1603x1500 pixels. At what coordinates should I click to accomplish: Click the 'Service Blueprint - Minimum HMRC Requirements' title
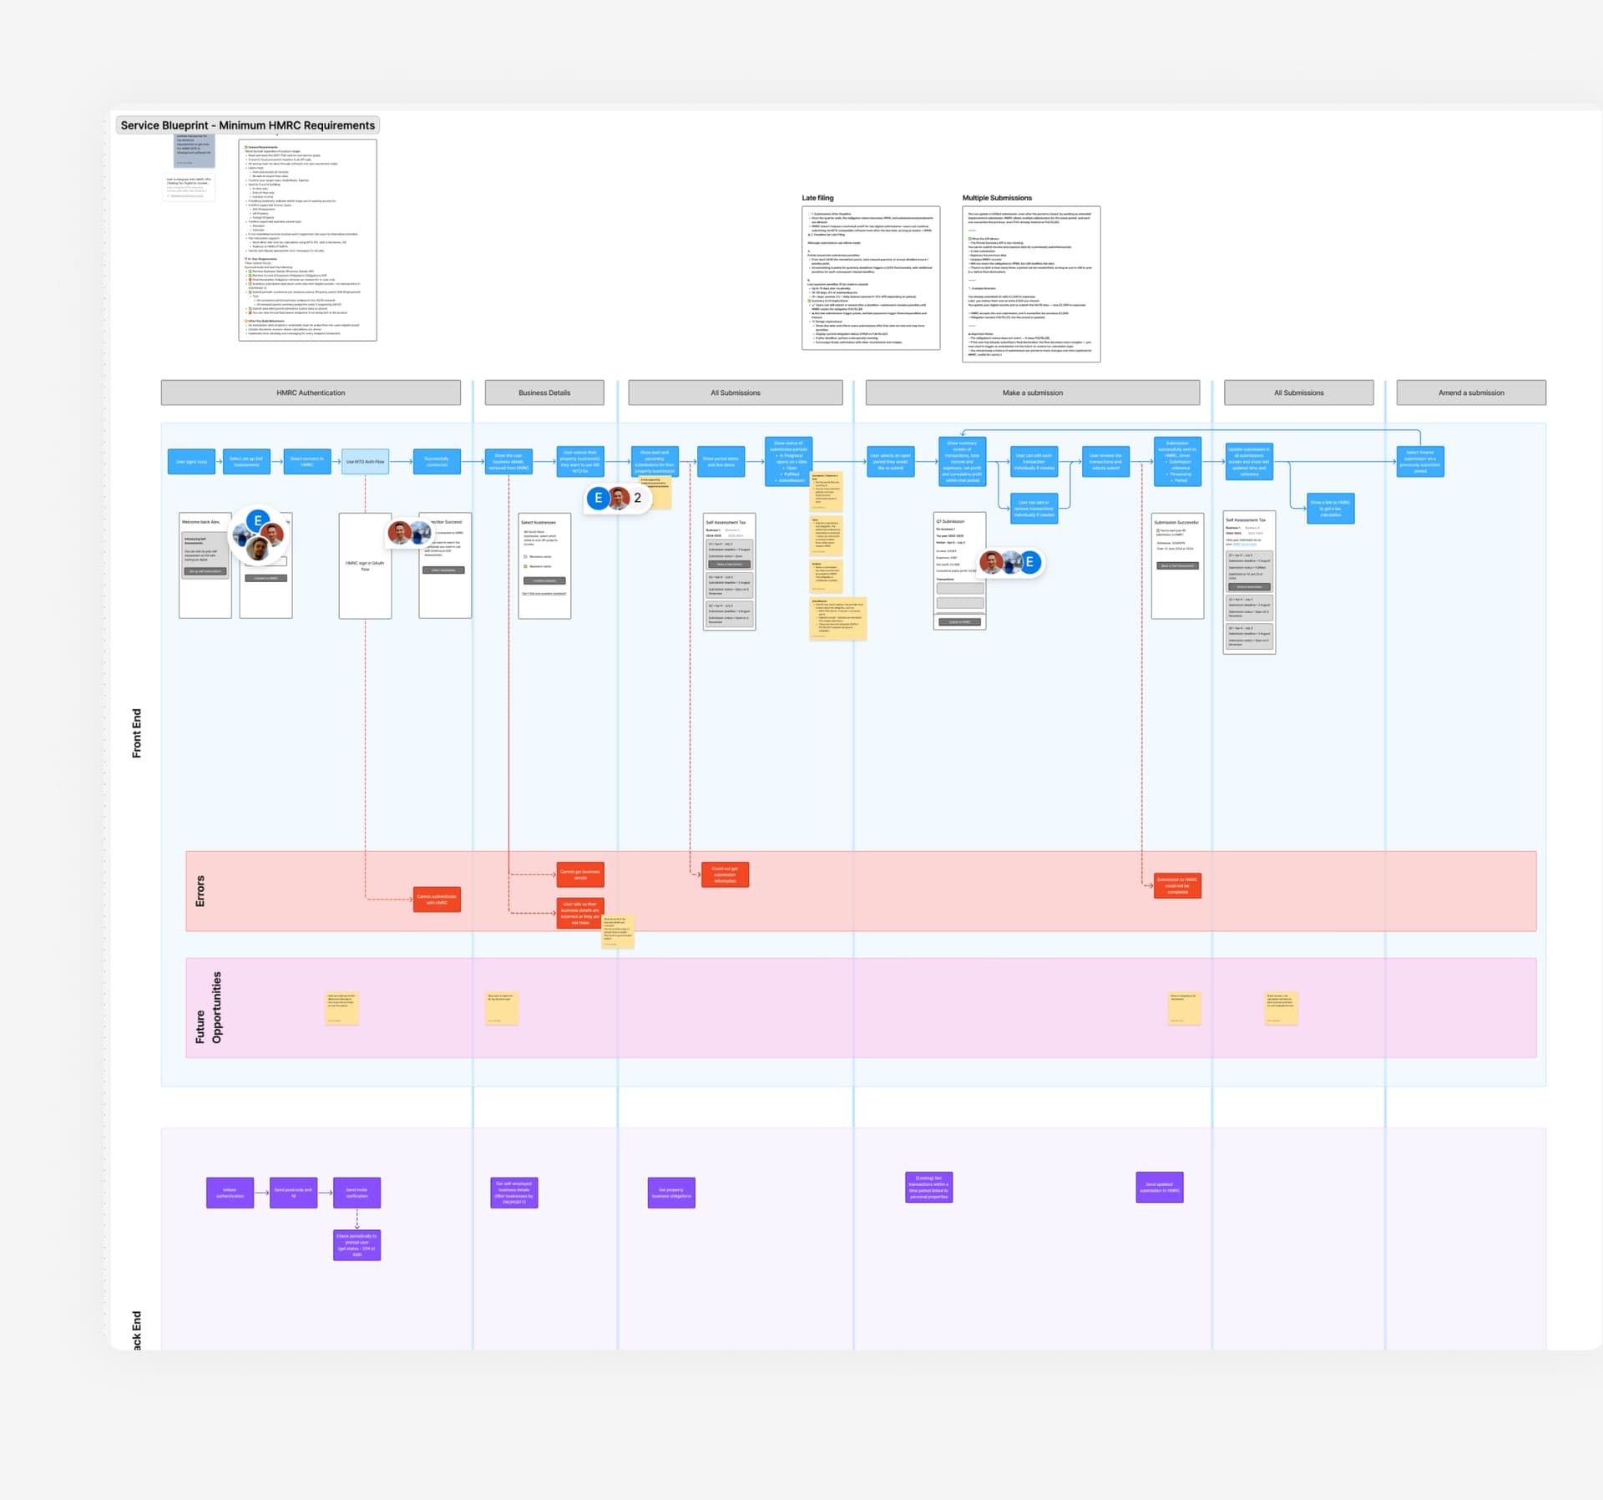248,125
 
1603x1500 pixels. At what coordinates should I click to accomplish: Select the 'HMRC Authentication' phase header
311,393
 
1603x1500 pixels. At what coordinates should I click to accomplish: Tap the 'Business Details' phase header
544,393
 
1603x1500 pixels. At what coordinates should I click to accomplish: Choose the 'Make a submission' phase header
1032,393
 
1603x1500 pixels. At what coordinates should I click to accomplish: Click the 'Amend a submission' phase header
1470,393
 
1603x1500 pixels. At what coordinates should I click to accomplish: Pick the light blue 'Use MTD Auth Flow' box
365,462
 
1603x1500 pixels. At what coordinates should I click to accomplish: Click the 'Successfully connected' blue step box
437,462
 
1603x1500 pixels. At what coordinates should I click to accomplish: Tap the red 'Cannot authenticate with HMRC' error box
437,899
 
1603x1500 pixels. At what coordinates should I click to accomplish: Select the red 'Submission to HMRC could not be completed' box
1177,885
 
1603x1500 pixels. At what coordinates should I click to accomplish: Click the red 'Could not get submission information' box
725,874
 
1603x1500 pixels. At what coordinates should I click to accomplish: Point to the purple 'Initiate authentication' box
230,1193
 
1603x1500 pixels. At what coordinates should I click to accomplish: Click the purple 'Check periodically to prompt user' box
357,1245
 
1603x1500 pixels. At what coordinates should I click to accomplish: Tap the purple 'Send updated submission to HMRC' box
1159,1187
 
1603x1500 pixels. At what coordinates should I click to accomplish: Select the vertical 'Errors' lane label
200,891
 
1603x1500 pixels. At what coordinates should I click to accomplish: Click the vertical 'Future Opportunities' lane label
209,1007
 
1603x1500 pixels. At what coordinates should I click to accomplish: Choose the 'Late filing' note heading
817,198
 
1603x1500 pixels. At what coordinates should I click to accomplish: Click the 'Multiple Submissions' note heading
997,198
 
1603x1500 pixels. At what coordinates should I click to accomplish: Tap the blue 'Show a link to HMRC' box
1330,509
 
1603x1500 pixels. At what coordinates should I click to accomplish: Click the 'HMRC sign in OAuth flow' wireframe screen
365,565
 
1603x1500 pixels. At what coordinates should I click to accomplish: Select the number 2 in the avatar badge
637,498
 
